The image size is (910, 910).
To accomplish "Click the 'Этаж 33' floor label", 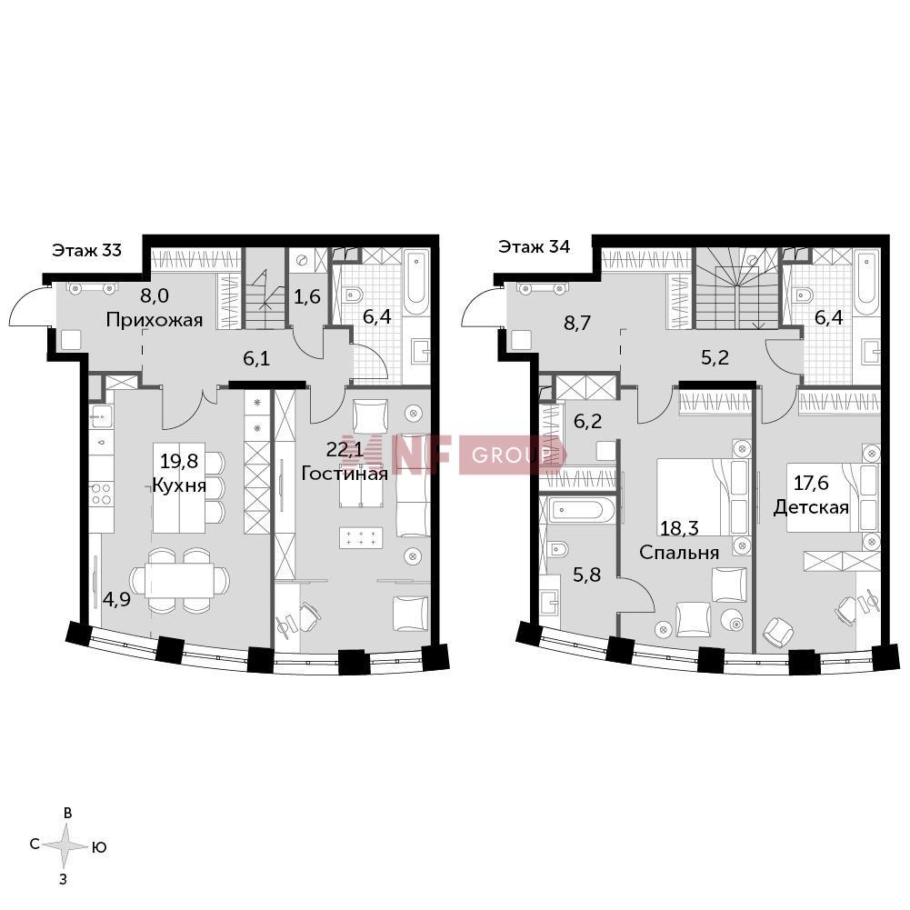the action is point(87,250).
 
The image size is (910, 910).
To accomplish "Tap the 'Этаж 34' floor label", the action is point(534,246).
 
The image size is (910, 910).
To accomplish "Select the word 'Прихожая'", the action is point(155,320).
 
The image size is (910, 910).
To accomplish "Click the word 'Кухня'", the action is point(179,485).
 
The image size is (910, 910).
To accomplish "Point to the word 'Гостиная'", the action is point(345,474).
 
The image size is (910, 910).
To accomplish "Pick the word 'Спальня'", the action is point(679,553).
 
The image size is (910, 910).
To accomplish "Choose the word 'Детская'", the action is point(811,508).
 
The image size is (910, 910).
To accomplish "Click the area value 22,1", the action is point(345,449).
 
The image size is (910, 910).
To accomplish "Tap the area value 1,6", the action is point(307,297).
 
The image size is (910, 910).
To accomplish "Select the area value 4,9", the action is point(116,599).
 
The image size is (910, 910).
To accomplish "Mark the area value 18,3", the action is point(679,529).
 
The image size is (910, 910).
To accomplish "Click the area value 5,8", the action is point(586,575).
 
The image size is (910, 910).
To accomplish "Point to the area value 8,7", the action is point(577,323).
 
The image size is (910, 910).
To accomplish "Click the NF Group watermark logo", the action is point(454,455).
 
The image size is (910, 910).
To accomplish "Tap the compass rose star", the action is point(66,845).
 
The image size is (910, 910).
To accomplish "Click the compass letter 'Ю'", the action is point(99,848).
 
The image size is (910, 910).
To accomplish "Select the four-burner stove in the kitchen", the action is point(102,494).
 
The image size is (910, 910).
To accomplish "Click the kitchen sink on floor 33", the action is point(101,415).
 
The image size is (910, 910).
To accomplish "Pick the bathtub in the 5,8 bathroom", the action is point(578,510).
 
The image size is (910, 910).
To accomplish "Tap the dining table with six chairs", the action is point(179,579).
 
